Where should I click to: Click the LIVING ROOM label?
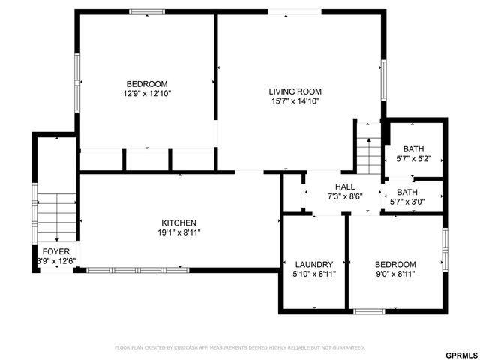tap(295, 91)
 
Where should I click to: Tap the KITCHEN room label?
tap(179, 223)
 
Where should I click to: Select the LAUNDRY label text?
tap(313, 264)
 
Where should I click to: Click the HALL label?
tap(345, 187)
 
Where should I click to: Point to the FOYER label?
tap(56, 251)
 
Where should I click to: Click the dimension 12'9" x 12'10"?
tap(147, 94)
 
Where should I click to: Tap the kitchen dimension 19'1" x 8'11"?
tap(179, 232)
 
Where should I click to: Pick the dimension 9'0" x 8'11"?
tap(395, 274)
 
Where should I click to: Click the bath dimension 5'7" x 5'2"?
tap(413, 159)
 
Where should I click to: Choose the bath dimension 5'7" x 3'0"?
tap(413, 202)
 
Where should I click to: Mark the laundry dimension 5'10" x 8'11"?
tap(313, 274)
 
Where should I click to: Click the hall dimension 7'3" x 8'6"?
tap(345, 196)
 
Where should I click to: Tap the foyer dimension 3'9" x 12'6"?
tap(56, 261)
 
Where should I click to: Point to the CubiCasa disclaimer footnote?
tap(239, 347)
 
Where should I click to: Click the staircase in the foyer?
tap(57, 214)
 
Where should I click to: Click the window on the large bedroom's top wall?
tap(147, 11)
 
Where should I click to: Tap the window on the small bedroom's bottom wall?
tap(369, 310)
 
